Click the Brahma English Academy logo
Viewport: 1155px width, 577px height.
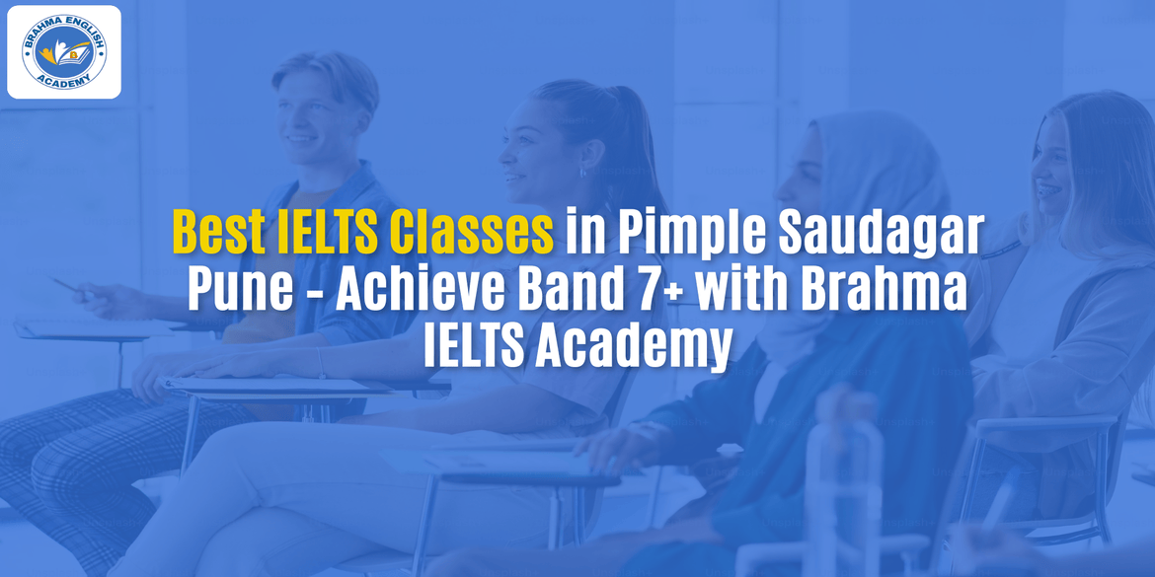(64, 52)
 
